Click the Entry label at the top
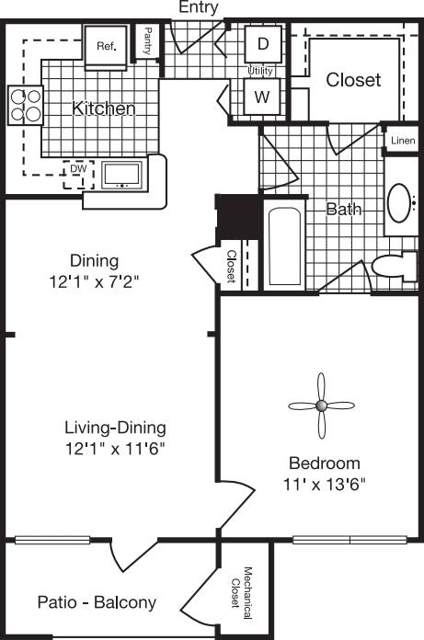(x=199, y=7)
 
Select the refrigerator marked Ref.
(x=107, y=45)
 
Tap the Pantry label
(x=147, y=42)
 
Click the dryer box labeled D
(x=261, y=43)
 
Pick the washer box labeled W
(x=261, y=94)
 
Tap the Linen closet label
(x=403, y=140)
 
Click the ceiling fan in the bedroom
(x=322, y=405)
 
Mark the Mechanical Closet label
(x=242, y=589)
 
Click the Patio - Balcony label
(x=97, y=603)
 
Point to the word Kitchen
(x=105, y=109)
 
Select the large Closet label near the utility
(x=353, y=80)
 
